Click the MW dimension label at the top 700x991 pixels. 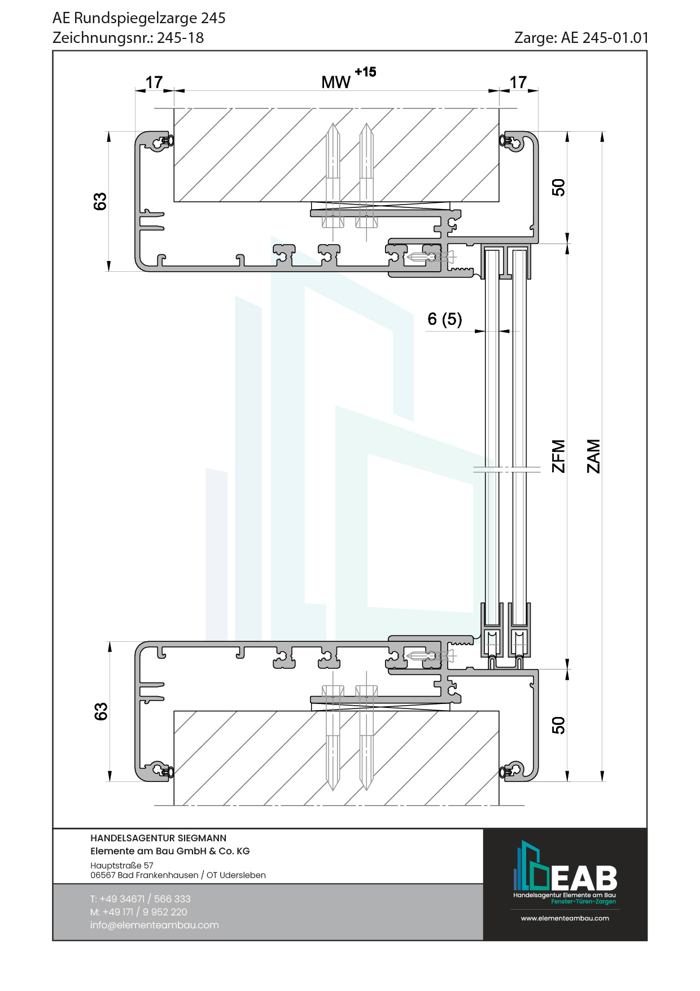[336, 82]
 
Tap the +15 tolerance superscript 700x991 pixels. [365, 72]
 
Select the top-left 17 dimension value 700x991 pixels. [154, 82]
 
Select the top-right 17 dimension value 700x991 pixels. [518, 82]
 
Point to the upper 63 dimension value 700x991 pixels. [100, 202]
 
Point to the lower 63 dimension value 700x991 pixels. [100, 712]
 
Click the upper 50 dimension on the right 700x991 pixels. [558, 188]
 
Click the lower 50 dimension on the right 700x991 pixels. [558, 725]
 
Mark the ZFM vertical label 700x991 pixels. [558, 456]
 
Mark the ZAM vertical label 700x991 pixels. [593, 456]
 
